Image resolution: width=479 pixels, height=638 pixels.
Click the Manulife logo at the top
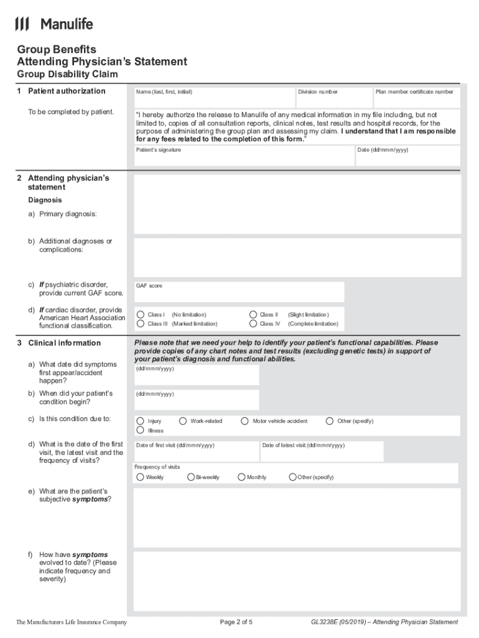coord(54,24)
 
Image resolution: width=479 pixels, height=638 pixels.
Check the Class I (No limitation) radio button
coord(141,315)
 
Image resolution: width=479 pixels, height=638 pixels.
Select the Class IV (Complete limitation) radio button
coord(253,324)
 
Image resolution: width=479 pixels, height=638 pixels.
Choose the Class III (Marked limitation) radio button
coord(141,324)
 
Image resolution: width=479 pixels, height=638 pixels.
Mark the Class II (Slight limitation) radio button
coord(253,315)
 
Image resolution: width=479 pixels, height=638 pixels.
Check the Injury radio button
coord(141,421)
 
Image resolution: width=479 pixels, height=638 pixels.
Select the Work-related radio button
coord(183,421)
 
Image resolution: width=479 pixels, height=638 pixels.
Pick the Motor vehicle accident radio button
coord(245,421)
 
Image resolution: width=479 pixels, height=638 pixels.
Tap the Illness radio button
coord(141,431)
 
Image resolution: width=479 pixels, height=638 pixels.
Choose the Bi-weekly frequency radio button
coord(191,477)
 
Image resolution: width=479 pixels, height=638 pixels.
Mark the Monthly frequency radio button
coord(241,477)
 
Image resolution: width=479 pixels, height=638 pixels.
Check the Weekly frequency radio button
coord(140,477)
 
